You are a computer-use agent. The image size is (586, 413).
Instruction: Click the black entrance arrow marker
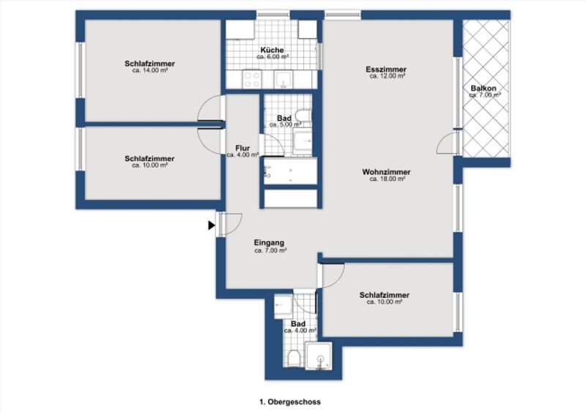coord(212,226)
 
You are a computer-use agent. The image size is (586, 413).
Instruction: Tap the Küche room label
coord(272,50)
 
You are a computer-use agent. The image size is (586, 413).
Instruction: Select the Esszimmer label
coord(386,69)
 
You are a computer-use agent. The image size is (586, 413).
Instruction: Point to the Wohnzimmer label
coord(386,172)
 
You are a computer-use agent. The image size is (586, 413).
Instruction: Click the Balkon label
coord(483,88)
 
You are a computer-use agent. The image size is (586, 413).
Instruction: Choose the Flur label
coord(242,148)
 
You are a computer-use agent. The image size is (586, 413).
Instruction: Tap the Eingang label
coord(269,242)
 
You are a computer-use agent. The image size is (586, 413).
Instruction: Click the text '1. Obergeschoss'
coord(290,402)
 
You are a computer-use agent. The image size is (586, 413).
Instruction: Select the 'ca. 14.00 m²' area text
coord(149,70)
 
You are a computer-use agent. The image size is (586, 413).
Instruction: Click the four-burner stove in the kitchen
coord(252,79)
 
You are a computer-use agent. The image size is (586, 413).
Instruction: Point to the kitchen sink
coord(283,80)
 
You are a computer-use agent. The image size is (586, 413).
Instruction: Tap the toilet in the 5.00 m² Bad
coord(303,115)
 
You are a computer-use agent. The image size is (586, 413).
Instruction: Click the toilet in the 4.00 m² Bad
coord(294,358)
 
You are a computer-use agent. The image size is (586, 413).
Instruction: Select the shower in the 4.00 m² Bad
coord(319,356)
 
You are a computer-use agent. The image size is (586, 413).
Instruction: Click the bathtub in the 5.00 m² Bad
coord(290,171)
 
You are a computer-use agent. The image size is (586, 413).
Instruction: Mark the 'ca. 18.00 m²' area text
coord(387,179)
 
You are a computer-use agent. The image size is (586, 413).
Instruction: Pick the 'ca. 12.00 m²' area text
coord(387,76)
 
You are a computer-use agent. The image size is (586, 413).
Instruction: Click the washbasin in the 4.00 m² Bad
coord(283,306)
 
